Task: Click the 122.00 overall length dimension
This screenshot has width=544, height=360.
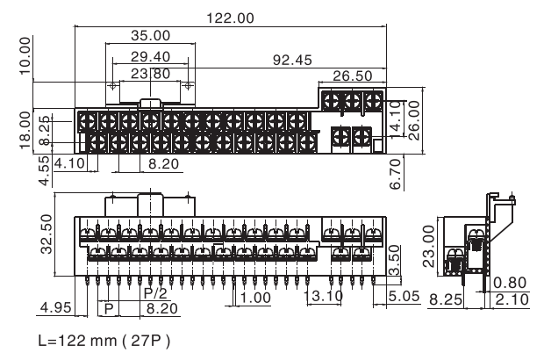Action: (x=229, y=17)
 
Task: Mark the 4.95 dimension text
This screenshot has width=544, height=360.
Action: (x=57, y=307)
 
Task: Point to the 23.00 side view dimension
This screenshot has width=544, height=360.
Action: (x=429, y=241)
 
